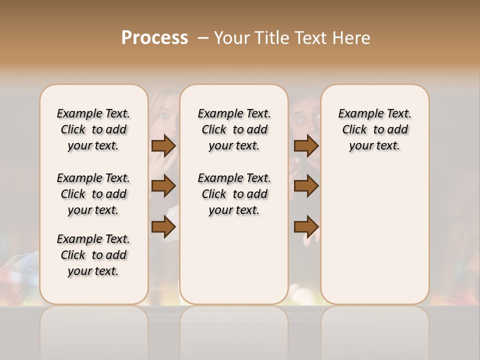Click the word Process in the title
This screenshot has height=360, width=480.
(154, 37)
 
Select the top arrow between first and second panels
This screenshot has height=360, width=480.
(163, 145)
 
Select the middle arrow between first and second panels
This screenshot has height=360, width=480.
(163, 186)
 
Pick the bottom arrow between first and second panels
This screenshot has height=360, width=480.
(163, 226)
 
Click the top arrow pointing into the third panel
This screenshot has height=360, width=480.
(306, 145)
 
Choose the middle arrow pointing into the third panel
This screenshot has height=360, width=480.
(306, 186)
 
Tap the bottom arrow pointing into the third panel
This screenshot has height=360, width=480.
(306, 226)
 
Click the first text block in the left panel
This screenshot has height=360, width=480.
(93, 129)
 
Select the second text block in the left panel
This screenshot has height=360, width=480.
(93, 194)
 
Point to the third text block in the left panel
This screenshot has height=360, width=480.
(93, 255)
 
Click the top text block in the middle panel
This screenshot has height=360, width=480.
(234, 129)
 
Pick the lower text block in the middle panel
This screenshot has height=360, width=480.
(234, 194)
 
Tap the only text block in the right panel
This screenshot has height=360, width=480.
(374, 129)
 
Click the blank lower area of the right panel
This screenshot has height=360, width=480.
(374, 235)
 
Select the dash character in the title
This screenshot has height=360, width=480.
(203, 38)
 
